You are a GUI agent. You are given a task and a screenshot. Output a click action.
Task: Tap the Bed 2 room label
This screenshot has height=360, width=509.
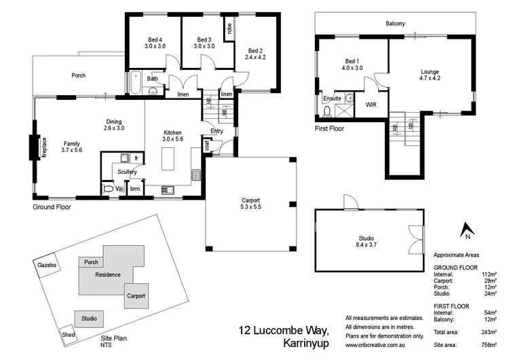(x=255, y=54)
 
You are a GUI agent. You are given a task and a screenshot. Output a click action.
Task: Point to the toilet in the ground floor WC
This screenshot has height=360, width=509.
(x=107, y=187)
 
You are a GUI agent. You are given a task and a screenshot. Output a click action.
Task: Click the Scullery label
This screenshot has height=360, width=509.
(x=127, y=173)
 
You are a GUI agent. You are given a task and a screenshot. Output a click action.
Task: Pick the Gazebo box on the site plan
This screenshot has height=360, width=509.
(x=46, y=264)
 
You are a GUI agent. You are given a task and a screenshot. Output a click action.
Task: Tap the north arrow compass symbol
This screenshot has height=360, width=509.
(x=466, y=232)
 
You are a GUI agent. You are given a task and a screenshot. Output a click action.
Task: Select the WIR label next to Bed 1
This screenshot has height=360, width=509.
(x=371, y=105)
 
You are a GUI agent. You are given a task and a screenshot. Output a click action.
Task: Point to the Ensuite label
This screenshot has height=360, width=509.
(x=332, y=98)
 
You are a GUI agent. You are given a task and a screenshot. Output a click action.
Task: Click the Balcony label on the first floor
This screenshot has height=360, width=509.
(x=396, y=24)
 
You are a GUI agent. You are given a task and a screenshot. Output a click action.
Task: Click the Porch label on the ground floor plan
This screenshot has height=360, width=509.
(x=79, y=75)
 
